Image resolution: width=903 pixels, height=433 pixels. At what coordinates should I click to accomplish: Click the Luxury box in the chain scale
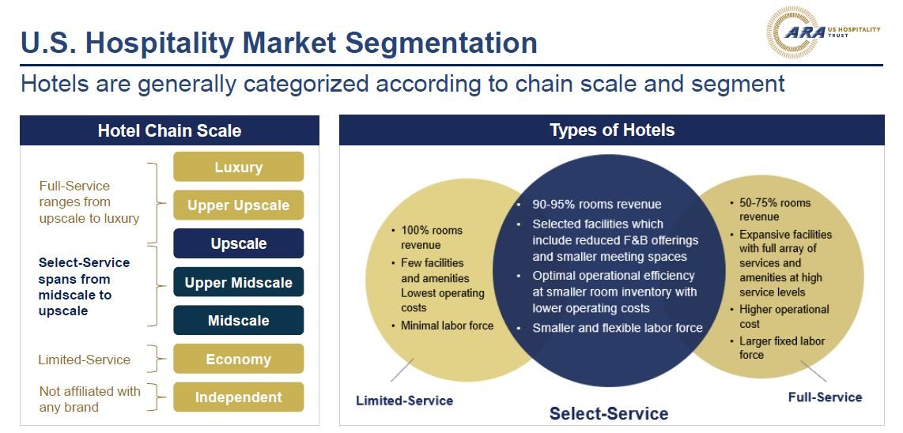tap(239, 167)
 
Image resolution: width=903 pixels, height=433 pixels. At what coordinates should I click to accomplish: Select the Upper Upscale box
tap(239, 205)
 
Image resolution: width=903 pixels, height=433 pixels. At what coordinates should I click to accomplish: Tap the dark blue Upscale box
tap(239, 243)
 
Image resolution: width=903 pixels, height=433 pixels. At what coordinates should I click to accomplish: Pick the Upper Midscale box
tap(239, 282)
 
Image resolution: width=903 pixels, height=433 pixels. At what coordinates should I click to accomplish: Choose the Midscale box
tap(239, 320)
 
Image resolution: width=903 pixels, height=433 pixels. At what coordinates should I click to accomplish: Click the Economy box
tap(239, 359)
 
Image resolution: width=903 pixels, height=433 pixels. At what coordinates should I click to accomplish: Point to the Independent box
tap(239, 397)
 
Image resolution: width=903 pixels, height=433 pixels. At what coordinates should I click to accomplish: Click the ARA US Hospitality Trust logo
tap(823, 32)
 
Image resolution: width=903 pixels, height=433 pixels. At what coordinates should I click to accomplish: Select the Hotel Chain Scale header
tap(169, 130)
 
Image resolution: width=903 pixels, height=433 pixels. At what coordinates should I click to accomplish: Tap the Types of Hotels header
tap(611, 130)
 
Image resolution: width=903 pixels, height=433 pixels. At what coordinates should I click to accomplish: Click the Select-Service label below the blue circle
tap(609, 413)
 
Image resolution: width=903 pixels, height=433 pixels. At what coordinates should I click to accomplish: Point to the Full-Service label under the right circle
tap(825, 397)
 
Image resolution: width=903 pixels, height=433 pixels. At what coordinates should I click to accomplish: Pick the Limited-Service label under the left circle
tap(404, 400)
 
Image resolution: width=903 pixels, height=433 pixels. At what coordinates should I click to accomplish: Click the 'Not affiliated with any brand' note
tap(90, 399)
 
